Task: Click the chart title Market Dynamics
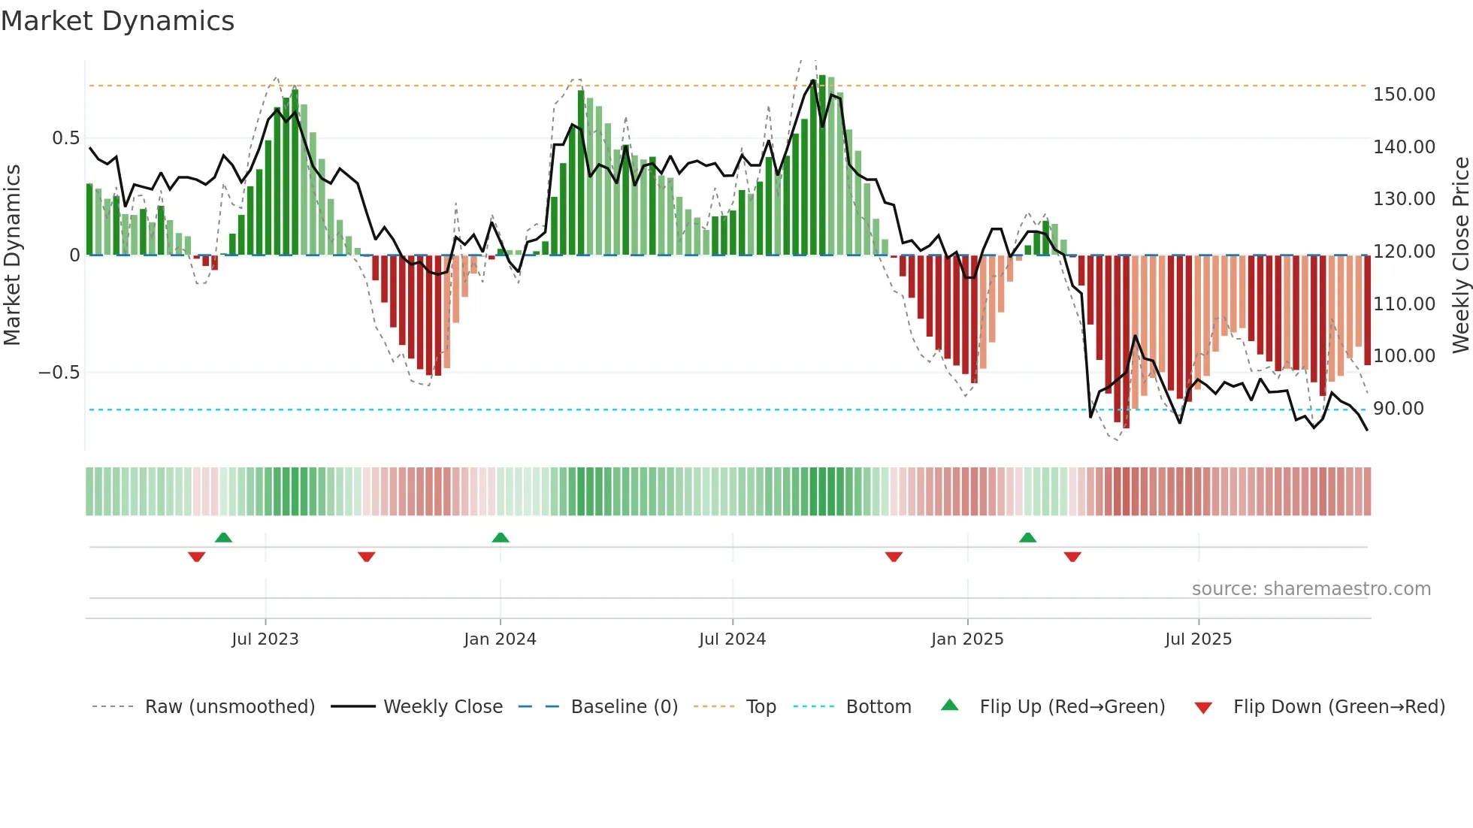[118, 21]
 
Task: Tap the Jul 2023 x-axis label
[265, 639]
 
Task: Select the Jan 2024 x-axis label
[500, 639]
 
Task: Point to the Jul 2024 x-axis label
[732, 639]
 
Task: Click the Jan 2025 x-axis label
[967, 639]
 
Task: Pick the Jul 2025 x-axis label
[1198, 639]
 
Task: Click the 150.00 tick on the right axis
[1404, 95]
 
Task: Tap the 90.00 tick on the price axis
[1399, 409]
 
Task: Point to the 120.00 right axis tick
[1404, 252]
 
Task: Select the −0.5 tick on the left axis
[59, 373]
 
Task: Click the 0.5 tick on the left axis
[65, 138]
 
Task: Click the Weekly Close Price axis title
[1460, 255]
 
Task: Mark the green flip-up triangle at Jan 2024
[501, 537]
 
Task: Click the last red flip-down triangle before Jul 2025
[1072, 557]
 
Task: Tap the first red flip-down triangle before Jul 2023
[197, 557]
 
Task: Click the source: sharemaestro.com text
[1311, 589]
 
